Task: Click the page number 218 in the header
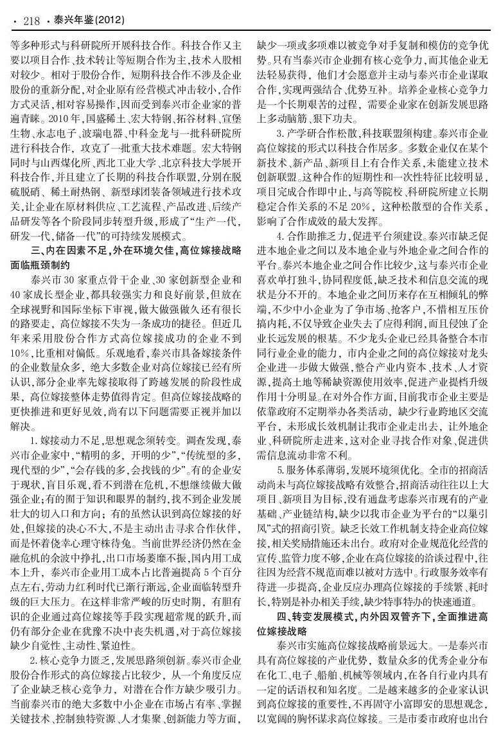[x=31, y=22]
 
